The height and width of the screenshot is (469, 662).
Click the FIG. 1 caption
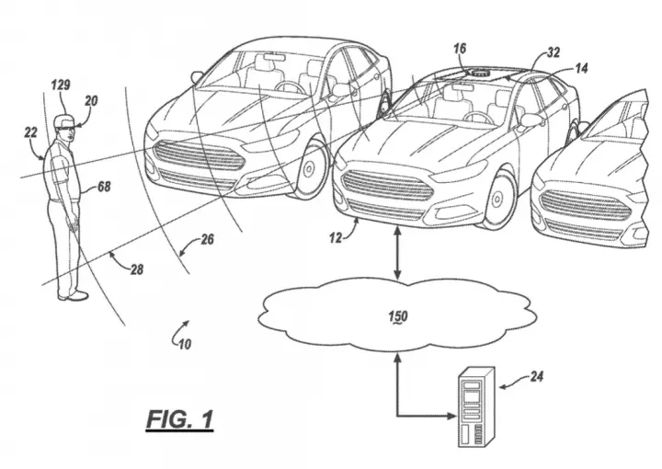pyautogui.click(x=180, y=419)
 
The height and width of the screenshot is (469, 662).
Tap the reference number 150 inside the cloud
pyautogui.click(x=398, y=316)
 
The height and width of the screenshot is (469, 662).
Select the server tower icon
pyautogui.click(x=476, y=407)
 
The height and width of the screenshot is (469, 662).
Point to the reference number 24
pyautogui.click(x=536, y=376)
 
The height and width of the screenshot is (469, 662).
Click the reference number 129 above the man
pyautogui.click(x=61, y=85)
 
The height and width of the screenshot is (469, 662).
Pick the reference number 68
pyautogui.click(x=104, y=186)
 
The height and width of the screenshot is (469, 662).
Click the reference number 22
pyautogui.click(x=30, y=132)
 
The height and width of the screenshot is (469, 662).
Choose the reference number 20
pyautogui.click(x=91, y=101)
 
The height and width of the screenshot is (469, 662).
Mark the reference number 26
pyautogui.click(x=207, y=239)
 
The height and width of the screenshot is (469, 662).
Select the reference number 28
pyautogui.click(x=137, y=269)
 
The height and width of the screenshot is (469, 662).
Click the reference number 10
pyautogui.click(x=185, y=345)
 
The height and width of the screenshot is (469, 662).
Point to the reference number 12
pyautogui.click(x=336, y=238)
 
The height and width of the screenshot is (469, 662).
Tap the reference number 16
pyautogui.click(x=461, y=49)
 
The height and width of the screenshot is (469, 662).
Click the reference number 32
pyautogui.click(x=554, y=52)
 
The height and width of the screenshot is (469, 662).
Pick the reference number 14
pyautogui.click(x=581, y=68)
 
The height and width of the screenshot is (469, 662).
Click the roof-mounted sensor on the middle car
pyautogui.click(x=479, y=73)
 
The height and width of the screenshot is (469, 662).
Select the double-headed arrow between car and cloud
pyautogui.click(x=397, y=253)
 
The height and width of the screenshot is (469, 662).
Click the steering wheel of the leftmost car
pyautogui.click(x=290, y=87)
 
